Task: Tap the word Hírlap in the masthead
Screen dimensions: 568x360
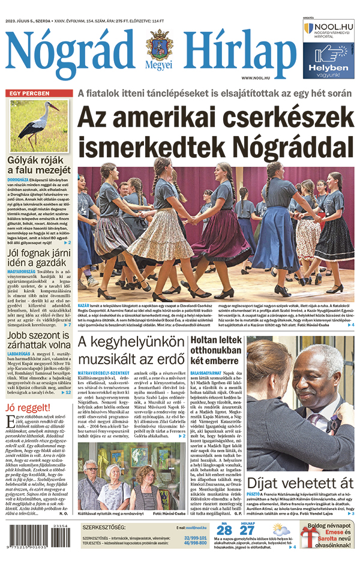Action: (238, 52)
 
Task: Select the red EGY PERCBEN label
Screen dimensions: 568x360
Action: (28, 94)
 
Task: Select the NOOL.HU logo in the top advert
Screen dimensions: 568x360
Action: (328, 29)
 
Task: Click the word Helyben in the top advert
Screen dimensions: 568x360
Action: (329, 68)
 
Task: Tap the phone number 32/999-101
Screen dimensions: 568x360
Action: (196, 538)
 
